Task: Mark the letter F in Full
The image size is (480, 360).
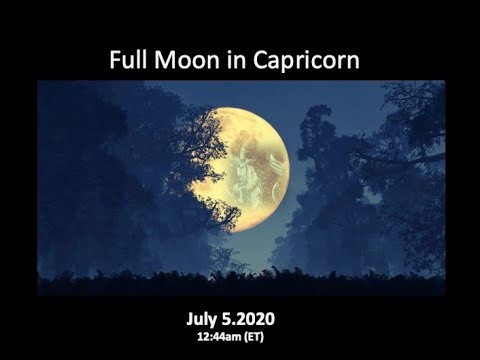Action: pos(114,60)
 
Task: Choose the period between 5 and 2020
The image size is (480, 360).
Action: pos(240,322)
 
